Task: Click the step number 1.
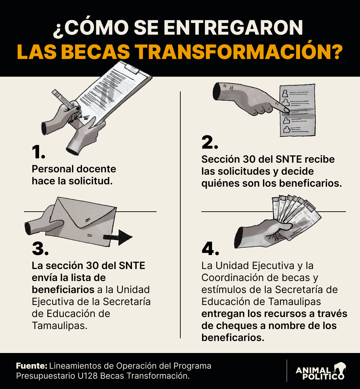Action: coord(38,152)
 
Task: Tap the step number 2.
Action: coord(210,142)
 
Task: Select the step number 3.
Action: coord(40,248)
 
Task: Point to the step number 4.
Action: coord(210,248)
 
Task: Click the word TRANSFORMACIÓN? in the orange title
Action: coord(240,52)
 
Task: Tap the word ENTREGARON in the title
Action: coord(233,27)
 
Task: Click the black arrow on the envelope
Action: coord(118,237)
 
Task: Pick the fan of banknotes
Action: coord(295,214)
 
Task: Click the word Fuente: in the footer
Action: coord(32,366)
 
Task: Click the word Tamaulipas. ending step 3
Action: coord(60,325)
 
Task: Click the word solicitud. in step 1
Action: coord(91,181)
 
